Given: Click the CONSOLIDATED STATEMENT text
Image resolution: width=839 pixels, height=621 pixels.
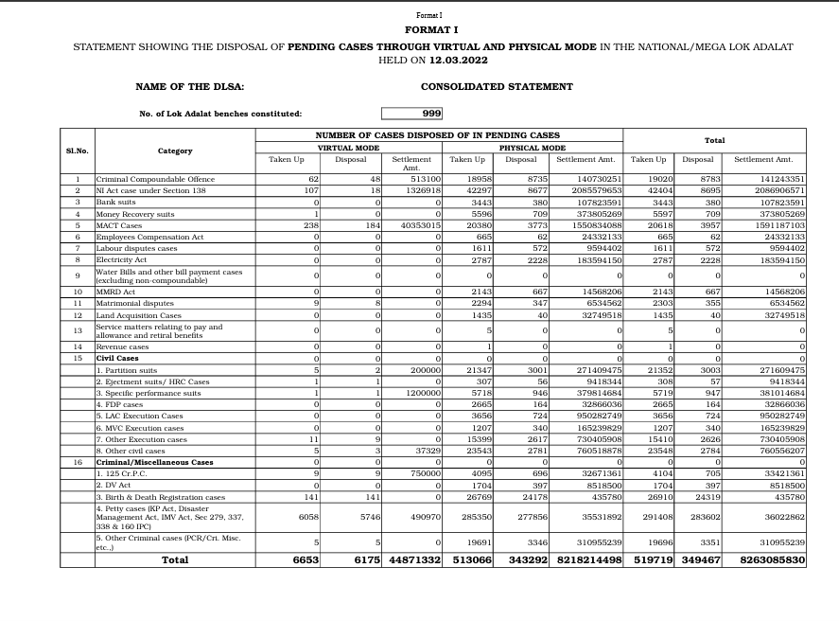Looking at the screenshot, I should pyautogui.click(x=497, y=86).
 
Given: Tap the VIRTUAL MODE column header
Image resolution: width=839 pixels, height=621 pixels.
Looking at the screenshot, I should pyautogui.click(x=348, y=148).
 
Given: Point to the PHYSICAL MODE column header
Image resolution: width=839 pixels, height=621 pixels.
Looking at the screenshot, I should pyautogui.click(x=533, y=148).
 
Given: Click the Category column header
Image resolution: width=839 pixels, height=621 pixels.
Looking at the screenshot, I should pyautogui.click(x=175, y=151).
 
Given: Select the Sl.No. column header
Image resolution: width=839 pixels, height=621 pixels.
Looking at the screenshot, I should pyautogui.click(x=77, y=151).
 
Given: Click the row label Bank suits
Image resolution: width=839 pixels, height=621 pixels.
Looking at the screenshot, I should pyautogui.click(x=116, y=202).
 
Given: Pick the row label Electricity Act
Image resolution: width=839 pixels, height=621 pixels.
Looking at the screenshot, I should pyautogui.click(x=121, y=258).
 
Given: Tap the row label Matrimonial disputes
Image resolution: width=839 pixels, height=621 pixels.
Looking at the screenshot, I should pyautogui.click(x=131, y=303).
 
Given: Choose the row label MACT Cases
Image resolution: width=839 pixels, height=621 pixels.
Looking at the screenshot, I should pyautogui.click(x=119, y=224).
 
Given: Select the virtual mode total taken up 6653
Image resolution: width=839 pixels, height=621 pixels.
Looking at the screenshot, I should pyautogui.click(x=303, y=560).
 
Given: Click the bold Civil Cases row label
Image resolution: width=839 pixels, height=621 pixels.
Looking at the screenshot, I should pyautogui.click(x=117, y=359).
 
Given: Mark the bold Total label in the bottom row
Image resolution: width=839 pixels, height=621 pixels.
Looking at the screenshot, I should pyautogui.click(x=175, y=560).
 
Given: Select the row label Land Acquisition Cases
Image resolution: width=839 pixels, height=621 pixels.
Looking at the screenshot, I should pyautogui.click(x=139, y=314).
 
